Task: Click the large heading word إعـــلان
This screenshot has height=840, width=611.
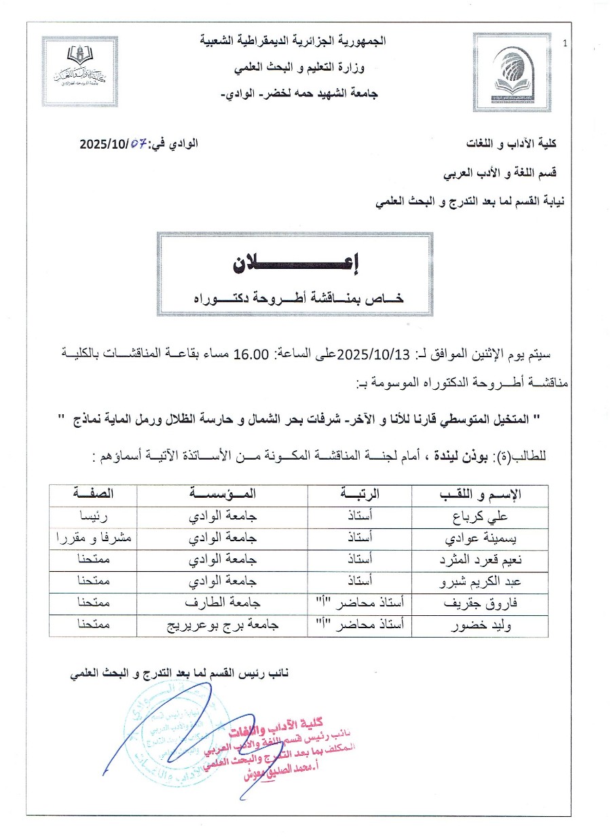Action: tap(297, 265)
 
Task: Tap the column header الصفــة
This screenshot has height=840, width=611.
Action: tap(94, 494)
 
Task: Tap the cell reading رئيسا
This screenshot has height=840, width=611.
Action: tap(94, 515)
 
